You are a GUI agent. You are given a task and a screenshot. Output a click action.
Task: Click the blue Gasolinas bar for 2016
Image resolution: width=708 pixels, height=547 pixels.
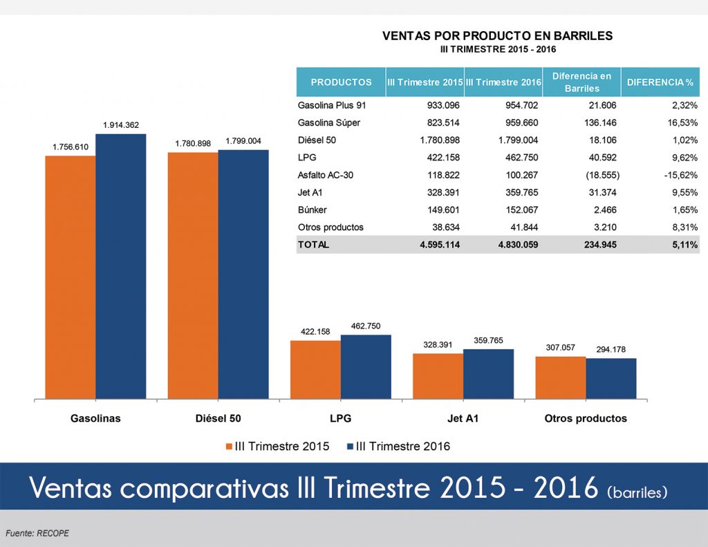[x=121, y=266]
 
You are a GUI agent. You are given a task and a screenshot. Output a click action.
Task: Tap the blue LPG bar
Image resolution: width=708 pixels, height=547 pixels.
[x=366, y=367]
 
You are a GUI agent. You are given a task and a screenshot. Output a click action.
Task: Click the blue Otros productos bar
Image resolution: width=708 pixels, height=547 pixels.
[x=611, y=378]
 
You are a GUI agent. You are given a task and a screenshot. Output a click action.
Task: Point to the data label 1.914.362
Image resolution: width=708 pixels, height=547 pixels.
[x=121, y=125]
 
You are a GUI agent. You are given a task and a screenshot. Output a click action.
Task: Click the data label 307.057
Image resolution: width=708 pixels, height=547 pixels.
[x=561, y=348]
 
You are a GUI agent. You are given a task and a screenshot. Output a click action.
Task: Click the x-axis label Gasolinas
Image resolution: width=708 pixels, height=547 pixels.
[x=95, y=418]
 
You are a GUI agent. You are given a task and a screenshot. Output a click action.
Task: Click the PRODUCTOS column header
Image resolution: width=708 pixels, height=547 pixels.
[x=341, y=82]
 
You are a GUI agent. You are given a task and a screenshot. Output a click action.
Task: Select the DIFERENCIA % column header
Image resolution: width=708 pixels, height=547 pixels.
[x=660, y=82]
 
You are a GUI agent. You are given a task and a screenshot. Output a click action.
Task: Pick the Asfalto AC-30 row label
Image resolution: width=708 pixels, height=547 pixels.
[x=326, y=175]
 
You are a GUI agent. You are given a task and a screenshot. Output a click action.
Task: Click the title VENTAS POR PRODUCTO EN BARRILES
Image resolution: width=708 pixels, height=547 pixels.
[x=498, y=36]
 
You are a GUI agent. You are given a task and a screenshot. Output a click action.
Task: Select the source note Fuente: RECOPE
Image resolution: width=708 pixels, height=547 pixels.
[x=37, y=533]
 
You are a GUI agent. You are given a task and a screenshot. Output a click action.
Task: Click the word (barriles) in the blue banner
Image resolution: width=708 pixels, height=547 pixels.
[x=637, y=492]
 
